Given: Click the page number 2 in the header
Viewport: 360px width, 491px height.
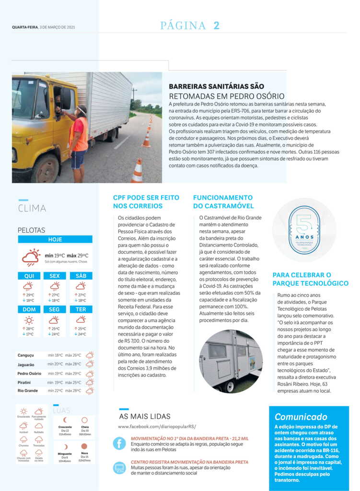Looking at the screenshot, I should [x=217, y=26].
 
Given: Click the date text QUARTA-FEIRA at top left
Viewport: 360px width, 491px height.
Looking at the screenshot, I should [x=24, y=27].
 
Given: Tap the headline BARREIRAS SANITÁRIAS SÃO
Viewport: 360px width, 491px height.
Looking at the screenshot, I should [x=216, y=87].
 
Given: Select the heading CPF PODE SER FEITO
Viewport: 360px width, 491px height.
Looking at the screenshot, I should [x=146, y=198].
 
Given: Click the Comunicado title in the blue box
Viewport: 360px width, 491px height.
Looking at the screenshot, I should [x=301, y=417].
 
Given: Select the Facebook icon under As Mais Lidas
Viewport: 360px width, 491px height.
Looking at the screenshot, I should [x=119, y=443].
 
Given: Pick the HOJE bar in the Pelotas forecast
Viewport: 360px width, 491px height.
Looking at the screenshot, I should [x=55, y=239].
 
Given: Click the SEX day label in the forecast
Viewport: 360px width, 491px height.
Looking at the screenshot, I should [x=55, y=276].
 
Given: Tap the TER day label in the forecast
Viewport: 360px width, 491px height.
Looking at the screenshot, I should [x=81, y=309].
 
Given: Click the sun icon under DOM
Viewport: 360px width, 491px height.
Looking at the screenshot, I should [x=29, y=320].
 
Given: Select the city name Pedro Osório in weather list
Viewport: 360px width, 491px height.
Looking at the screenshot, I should [x=29, y=374].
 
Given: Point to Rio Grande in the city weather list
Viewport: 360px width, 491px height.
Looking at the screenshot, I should [x=27, y=391].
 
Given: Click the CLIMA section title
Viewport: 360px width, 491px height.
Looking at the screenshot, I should [x=32, y=209].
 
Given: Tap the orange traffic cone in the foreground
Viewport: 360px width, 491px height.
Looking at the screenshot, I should [x=138, y=171].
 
